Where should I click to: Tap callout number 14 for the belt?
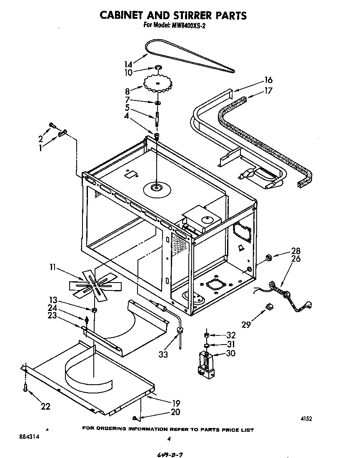(x=128, y=65)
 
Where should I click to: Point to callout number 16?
(x=268, y=80)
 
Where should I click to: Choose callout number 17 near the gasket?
(x=268, y=90)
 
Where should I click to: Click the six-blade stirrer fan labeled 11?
(x=95, y=285)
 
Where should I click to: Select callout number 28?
(x=296, y=251)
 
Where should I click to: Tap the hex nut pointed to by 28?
(x=269, y=259)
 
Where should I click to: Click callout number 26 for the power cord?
(x=296, y=259)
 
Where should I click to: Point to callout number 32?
(x=230, y=335)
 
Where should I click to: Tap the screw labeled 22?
(x=26, y=388)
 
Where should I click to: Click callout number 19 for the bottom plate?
(x=175, y=403)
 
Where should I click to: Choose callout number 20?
(x=175, y=412)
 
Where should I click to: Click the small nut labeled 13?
(x=95, y=310)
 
